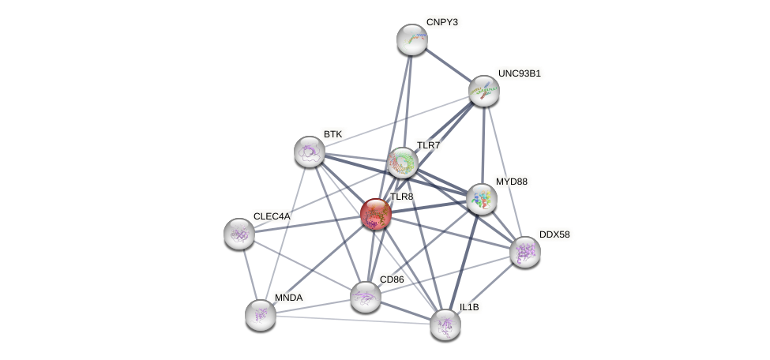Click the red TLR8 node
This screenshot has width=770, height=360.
(x=376, y=213)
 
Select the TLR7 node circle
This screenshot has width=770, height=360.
(x=402, y=163)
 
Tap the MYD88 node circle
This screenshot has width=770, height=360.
(x=481, y=199)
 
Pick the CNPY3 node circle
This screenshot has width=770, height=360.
(x=411, y=39)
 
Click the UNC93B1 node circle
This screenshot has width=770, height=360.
(x=483, y=92)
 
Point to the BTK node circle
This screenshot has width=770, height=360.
(x=309, y=152)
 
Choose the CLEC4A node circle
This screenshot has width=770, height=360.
(x=239, y=234)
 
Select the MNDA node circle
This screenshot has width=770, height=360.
(x=260, y=315)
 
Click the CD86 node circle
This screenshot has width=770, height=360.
(x=365, y=297)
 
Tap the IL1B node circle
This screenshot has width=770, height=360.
(x=445, y=324)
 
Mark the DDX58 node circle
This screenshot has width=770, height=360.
(x=525, y=252)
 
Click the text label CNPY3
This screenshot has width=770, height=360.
(x=441, y=22)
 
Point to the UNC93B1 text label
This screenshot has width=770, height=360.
(x=519, y=73)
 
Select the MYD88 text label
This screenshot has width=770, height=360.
(x=511, y=182)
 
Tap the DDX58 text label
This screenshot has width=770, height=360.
(x=554, y=234)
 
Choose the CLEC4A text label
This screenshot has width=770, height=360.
(x=272, y=216)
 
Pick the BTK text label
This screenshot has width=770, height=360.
(x=332, y=134)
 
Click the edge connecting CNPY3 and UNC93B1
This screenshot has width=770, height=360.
(x=447, y=66)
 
